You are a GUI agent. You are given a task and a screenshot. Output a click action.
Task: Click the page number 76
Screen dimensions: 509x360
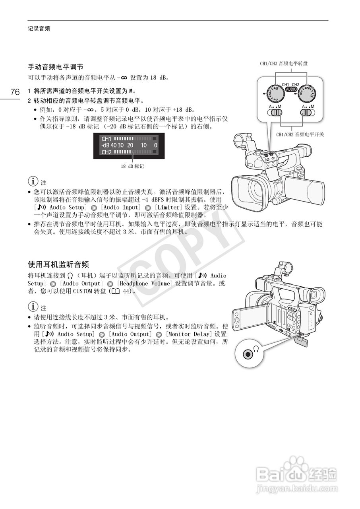point(15,92)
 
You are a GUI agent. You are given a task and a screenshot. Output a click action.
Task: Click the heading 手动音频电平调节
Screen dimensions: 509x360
point(55,66)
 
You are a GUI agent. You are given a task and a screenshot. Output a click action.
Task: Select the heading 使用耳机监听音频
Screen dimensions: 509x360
point(58,264)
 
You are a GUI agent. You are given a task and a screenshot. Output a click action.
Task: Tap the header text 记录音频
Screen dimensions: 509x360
point(39,29)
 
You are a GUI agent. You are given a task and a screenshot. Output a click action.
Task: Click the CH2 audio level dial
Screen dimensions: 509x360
point(307,94)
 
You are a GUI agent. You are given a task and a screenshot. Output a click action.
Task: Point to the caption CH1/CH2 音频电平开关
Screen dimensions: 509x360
point(300,134)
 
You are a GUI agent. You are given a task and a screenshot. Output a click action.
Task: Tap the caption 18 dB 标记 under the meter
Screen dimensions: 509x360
point(132,166)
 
